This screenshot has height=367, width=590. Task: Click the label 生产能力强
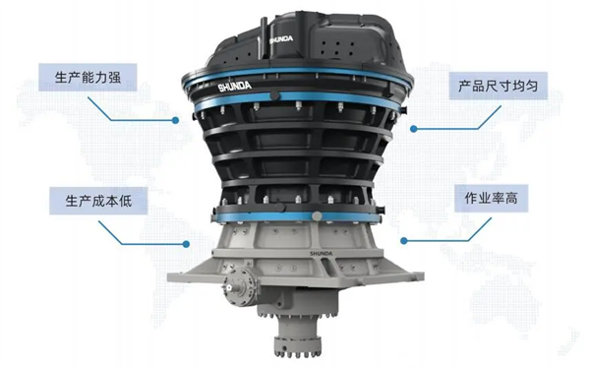(x=88, y=78)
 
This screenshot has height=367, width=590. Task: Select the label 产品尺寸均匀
(x=498, y=87)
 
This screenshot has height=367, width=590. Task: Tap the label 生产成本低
(x=98, y=201)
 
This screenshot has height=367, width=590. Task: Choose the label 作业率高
(x=491, y=198)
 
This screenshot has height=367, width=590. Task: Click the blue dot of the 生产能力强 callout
(x=175, y=120)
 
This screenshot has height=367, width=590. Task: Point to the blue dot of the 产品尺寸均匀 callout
(x=414, y=129)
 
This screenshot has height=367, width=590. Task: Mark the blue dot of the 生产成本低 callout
(x=186, y=244)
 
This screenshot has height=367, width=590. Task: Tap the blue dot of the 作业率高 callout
(x=404, y=240)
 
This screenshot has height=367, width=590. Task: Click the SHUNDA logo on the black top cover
(x=281, y=39)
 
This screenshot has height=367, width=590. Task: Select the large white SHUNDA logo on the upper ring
(x=235, y=87)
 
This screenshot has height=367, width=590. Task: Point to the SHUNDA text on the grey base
(x=321, y=253)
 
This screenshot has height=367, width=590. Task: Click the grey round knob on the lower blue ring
(x=318, y=215)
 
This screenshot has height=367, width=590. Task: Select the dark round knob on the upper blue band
(x=275, y=95)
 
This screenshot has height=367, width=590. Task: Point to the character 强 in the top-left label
(x=114, y=78)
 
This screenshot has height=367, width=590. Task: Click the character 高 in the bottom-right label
(x=511, y=198)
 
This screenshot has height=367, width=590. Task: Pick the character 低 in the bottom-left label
(x=125, y=201)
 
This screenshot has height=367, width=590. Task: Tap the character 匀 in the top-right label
(x=531, y=87)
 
